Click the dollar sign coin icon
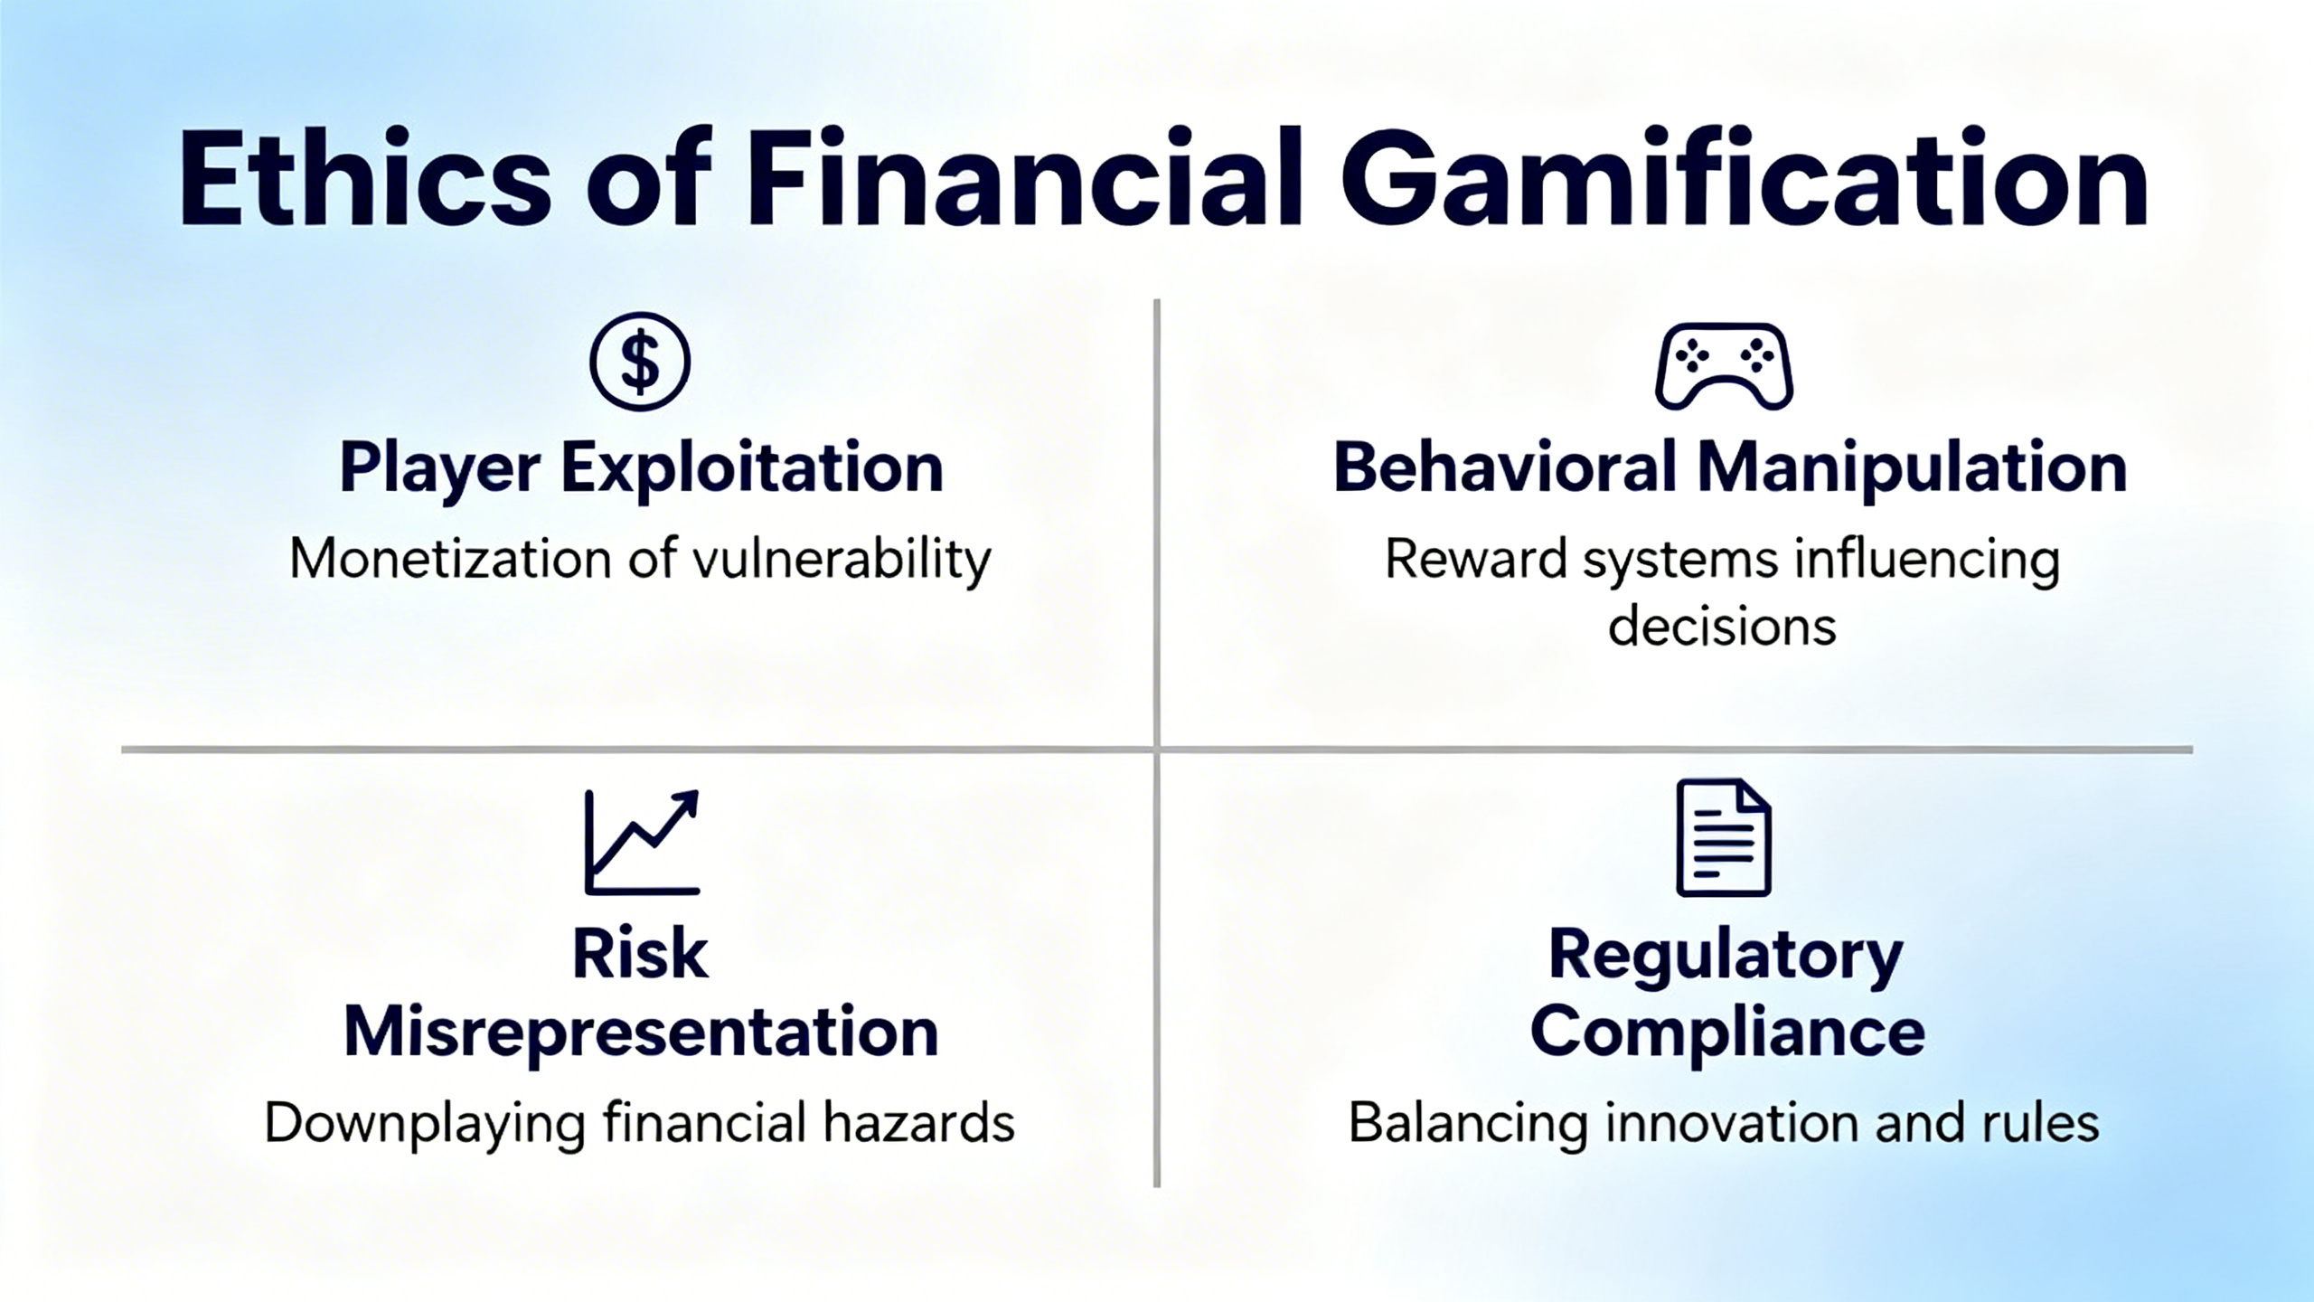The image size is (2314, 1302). click(640, 361)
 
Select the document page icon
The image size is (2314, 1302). click(1724, 837)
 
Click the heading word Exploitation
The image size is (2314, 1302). click(752, 468)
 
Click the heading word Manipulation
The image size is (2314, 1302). click(1912, 468)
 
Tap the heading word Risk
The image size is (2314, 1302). click(640, 954)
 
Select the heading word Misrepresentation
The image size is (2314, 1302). click(640, 1032)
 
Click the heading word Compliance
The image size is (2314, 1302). click(1727, 1032)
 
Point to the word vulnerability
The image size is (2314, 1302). click(842, 560)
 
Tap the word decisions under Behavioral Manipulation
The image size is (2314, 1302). click(1722, 626)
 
